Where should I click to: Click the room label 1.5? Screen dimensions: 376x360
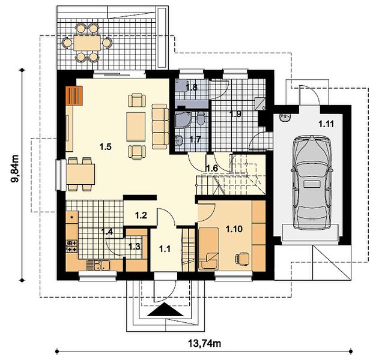(x=106, y=146)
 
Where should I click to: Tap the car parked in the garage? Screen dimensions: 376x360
(x=312, y=182)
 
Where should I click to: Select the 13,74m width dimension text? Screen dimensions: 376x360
(x=204, y=343)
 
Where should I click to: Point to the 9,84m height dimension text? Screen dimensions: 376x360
(x=15, y=169)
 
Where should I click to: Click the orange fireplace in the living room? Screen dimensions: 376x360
(x=74, y=95)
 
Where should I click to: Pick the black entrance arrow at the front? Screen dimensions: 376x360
(x=165, y=310)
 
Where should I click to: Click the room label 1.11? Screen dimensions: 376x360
(x=326, y=124)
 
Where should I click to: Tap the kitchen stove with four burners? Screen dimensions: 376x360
(x=72, y=247)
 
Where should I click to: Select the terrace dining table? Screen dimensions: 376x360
(x=87, y=43)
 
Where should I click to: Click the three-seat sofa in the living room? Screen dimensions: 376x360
(x=160, y=127)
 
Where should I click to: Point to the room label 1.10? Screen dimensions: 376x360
(x=234, y=229)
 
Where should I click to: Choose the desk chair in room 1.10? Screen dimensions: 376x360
(x=243, y=259)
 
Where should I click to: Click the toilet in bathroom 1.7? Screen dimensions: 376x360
(x=201, y=118)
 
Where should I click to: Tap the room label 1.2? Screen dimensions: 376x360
(x=141, y=215)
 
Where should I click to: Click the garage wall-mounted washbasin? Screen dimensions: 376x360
(x=285, y=118)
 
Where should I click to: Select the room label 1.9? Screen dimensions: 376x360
(x=235, y=114)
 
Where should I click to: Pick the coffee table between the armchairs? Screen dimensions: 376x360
(x=136, y=127)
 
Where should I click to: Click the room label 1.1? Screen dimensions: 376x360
(x=165, y=249)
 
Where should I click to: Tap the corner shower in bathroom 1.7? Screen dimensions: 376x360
(x=182, y=119)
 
